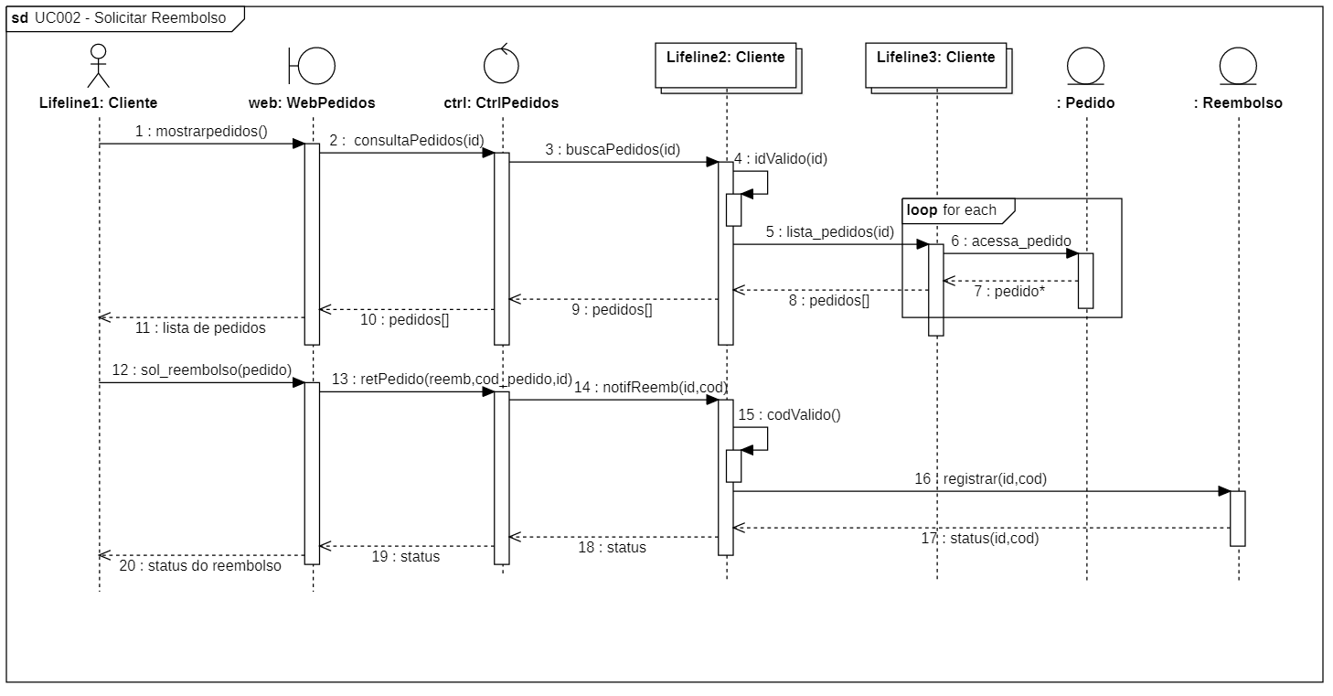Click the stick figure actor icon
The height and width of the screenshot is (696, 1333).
click(98, 67)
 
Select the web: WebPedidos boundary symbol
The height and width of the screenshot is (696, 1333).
click(312, 66)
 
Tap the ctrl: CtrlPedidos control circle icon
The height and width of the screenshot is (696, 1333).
click(500, 65)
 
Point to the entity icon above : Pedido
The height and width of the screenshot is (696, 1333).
click(1085, 66)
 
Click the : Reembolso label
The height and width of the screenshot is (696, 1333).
click(1238, 103)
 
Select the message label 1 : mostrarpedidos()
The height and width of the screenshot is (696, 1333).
click(201, 131)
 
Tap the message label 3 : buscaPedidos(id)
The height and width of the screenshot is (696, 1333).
click(613, 149)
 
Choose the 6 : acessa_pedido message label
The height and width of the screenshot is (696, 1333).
click(1010, 241)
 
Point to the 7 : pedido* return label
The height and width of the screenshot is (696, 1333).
click(1009, 292)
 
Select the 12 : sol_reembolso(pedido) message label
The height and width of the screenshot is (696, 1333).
click(202, 369)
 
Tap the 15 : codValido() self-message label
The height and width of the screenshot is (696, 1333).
click(789, 414)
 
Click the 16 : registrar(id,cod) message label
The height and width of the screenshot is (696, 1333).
click(981, 478)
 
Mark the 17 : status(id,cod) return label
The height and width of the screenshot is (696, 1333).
click(979, 539)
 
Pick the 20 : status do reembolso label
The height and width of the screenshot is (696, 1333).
click(200, 565)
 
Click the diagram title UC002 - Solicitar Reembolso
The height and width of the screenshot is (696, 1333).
click(130, 18)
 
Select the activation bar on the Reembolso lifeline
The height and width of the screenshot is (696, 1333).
click(1237, 518)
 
